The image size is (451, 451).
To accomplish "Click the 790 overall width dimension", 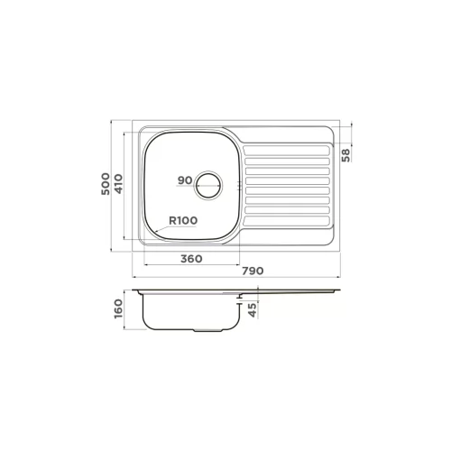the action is click(253, 271).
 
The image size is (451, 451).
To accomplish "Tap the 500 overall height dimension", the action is click(106, 184).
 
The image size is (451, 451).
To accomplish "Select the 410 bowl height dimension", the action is click(119, 184).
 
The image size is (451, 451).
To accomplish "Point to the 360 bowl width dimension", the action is click(191, 259).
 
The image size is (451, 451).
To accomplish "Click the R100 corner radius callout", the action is click(183, 221).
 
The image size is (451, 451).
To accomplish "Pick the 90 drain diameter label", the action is click(185, 180).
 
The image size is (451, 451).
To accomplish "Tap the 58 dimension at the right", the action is click(346, 155).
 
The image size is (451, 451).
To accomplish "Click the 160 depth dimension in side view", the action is click(119, 308).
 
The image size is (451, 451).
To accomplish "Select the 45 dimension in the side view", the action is click(253, 309).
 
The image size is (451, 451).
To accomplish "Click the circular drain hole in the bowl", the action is click(208, 185).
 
